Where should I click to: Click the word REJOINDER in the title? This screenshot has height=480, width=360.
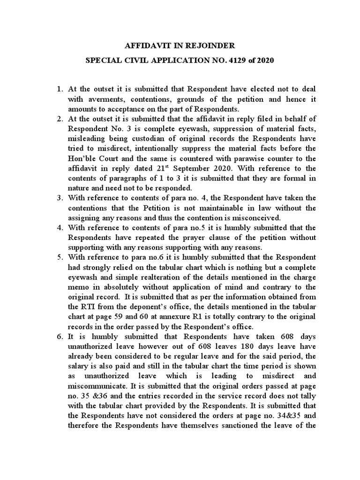[x=208, y=46]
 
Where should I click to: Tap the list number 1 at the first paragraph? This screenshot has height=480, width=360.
[x=59, y=89]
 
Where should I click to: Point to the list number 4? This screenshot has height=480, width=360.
[x=59, y=228]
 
